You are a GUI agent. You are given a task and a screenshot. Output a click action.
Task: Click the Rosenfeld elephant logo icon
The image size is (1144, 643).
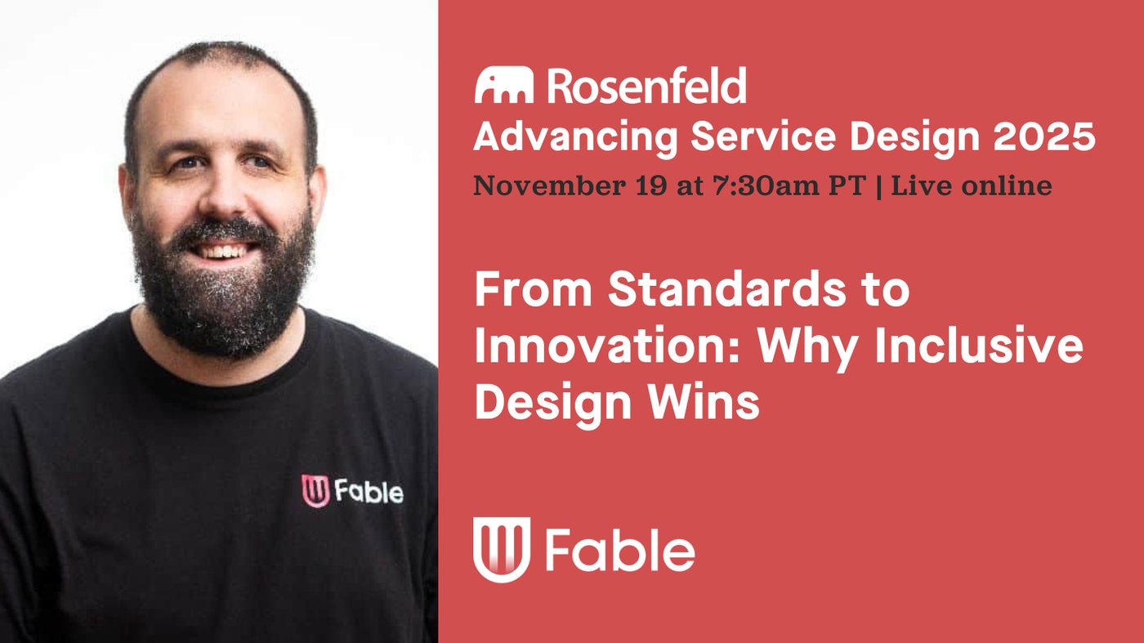pos(504,85)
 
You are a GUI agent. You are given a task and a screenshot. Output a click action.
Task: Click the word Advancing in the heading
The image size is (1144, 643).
pos(575,139)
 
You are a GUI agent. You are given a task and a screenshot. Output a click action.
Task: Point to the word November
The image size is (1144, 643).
pos(549,185)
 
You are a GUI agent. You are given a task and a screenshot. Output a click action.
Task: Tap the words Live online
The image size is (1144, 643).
pos(972,185)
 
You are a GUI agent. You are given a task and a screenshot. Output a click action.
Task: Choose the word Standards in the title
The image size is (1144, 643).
pos(727,289)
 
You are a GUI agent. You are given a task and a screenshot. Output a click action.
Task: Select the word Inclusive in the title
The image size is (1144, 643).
pos(979,346)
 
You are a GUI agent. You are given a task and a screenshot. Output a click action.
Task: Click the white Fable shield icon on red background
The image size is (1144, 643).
pos(502,550)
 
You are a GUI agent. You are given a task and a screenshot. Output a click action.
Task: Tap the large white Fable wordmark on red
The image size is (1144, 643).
pos(620,550)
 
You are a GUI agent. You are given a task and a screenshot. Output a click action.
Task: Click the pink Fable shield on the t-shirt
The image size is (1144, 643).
pos(315,491)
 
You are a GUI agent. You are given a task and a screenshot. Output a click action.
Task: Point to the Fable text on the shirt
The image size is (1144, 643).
pos(369,492)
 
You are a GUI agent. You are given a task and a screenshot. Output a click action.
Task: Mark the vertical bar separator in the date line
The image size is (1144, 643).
pos(879,186)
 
